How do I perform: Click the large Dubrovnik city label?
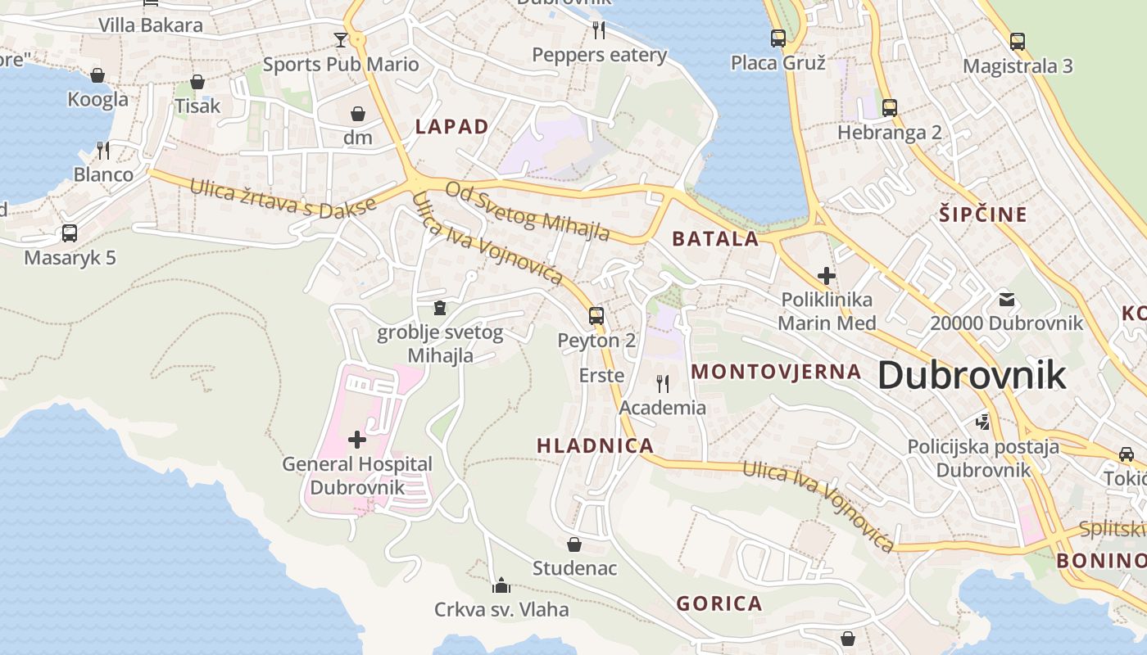[x=972, y=376]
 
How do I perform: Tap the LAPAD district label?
[x=451, y=126]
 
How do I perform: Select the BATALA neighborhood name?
[x=715, y=239]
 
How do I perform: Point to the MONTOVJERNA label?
[x=776, y=372]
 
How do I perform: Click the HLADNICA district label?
[x=595, y=446]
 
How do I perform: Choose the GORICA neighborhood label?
[x=719, y=604]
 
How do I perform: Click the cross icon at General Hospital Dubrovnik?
[x=357, y=440]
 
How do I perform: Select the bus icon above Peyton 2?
[x=596, y=315]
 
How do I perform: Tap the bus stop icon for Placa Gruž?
[x=778, y=38]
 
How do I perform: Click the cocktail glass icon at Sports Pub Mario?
[x=341, y=39]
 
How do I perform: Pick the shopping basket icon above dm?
[x=358, y=113]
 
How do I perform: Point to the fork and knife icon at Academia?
[x=663, y=382]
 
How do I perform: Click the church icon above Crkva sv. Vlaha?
[x=501, y=585]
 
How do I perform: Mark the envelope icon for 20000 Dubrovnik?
[x=1006, y=299]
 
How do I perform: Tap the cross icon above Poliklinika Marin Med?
[x=827, y=275]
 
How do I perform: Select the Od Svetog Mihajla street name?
[x=528, y=211]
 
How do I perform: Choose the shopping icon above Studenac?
[x=574, y=544]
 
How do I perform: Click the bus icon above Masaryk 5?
[x=70, y=233]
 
